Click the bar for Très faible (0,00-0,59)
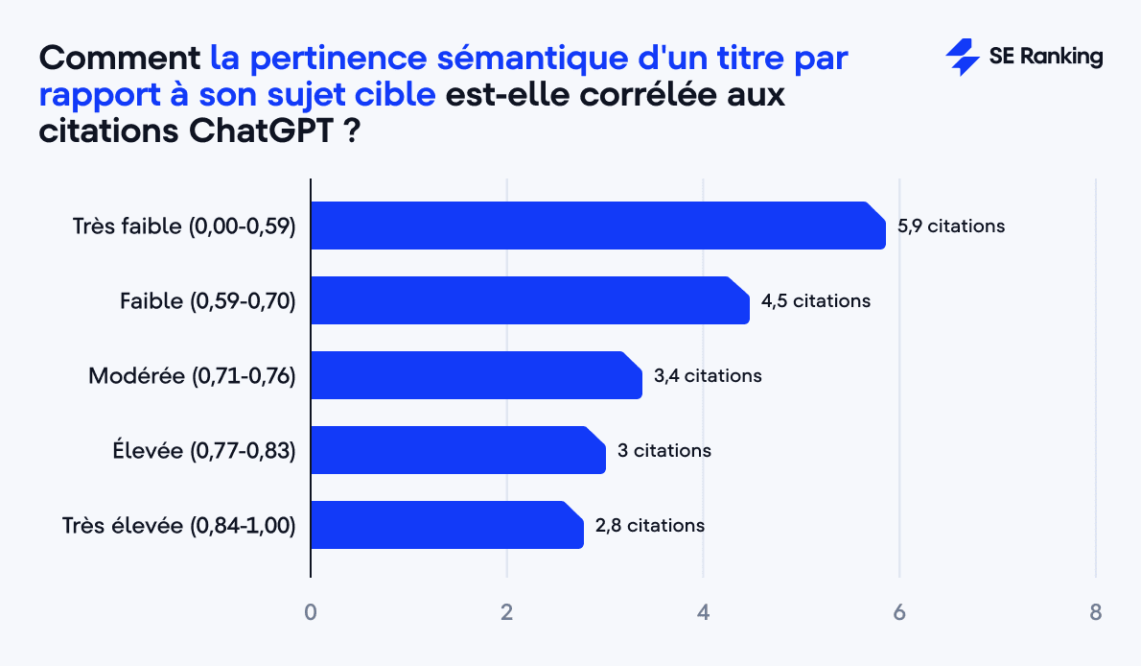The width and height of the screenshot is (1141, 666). pyautogui.click(x=597, y=226)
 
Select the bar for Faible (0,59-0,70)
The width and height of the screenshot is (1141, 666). pyautogui.click(x=529, y=300)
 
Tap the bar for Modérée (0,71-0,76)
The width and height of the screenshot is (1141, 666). pyautogui.click(x=476, y=375)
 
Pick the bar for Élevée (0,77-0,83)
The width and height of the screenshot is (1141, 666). pyautogui.click(x=457, y=450)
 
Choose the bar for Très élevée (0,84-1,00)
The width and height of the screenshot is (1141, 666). pyautogui.click(x=446, y=525)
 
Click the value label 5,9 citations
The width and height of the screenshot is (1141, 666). pyautogui.click(x=951, y=226)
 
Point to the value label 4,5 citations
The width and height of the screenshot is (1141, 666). pyautogui.click(x=816, y=301)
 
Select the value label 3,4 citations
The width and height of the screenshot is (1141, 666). pyautogui.click(x=708, y=376)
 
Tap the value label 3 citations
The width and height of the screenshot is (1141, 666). pyautogui.click(x=664, y=450)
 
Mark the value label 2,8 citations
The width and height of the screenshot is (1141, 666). pyautogui.click(x=650, y=525)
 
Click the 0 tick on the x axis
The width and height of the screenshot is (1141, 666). pyautogui.click(x=311, y=612)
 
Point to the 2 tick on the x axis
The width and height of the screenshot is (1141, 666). pyautogui.click(x=507, y=612)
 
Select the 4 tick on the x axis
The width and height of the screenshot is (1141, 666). pyautogui.click(x=704, y=612)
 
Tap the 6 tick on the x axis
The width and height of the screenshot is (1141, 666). pyautogui.click(x=899, y=612)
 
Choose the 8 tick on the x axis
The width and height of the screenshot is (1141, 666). pyautogui.click(x=1096, y=612)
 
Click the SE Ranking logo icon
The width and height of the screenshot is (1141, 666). pyautogui.click(x=962, y=58)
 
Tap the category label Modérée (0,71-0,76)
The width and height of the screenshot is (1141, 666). pyautogui.click(x=192, y=376)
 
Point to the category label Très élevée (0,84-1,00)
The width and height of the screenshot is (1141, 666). pyautogui.click(x=178, y=526)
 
